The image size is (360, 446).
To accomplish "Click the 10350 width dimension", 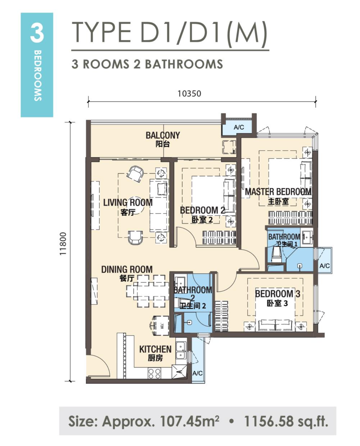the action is [189, 94].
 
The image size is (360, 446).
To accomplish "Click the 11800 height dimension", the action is [63, 244].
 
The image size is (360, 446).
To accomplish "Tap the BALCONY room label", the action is [163, 135].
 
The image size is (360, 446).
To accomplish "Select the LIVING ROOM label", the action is [128, 202].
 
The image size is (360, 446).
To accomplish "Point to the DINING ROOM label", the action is [127, 270].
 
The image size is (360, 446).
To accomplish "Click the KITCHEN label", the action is [155, 349].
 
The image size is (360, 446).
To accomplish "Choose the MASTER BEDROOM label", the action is [278, 192].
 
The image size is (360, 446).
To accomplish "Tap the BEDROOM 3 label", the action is [278, 294].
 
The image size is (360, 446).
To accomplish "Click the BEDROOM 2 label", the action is [203, 210].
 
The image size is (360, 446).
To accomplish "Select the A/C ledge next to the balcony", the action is [239, 127].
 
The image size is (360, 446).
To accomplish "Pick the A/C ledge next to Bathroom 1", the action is [325, 266].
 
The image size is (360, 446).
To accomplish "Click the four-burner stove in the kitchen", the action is [154, 374].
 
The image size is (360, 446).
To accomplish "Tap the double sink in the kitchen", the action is [181, 350].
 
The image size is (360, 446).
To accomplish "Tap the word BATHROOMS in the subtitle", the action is [184, 64].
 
